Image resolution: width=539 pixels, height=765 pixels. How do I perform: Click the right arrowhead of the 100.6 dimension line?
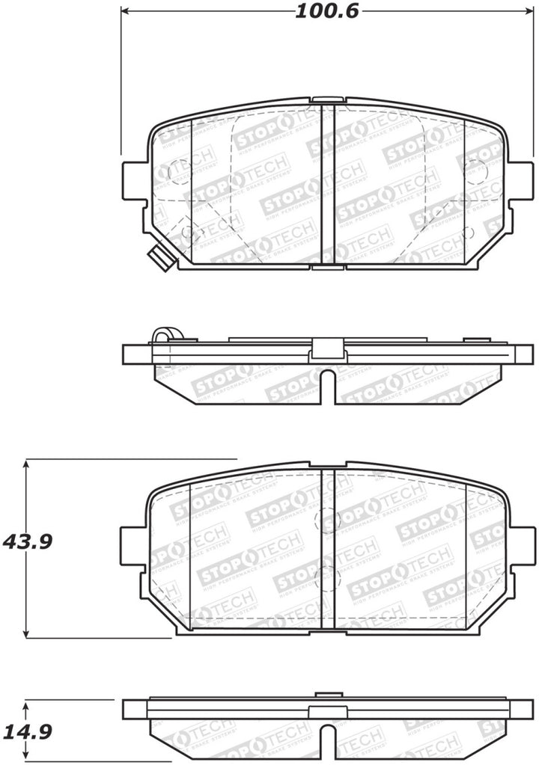[520, 12]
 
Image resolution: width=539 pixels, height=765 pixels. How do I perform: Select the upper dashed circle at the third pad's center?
[328, 520]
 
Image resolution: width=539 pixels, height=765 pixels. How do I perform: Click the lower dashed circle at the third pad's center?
[328, 577]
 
